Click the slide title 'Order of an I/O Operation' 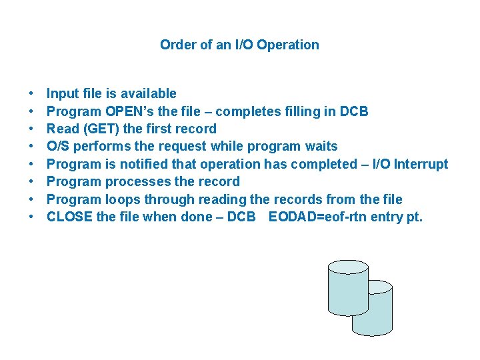[239, 45]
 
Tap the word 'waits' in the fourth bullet [320, 146]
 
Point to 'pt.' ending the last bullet [414, 217]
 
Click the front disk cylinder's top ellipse [348, 267]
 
